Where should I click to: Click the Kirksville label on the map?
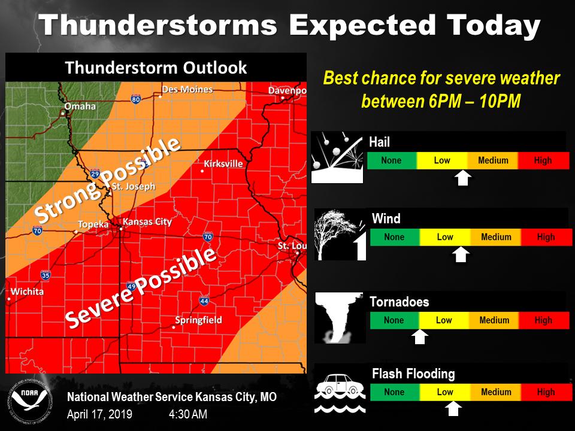pos(223,163)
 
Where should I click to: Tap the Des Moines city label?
pos(187,90)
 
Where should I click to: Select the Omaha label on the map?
pos(81,107)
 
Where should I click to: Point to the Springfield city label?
pos(198,320)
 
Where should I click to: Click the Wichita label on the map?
pos(26,292)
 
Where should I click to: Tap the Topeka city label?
pos(93,225)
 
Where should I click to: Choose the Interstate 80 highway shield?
pos(136,99)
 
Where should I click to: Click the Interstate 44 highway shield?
pos(204,301)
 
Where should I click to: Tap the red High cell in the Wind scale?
pos(546,237)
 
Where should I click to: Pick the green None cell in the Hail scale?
pos(391,160)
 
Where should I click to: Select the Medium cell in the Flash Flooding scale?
pos(496,392)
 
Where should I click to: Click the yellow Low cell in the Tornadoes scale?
pos(444,320)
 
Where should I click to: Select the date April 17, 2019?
pos(99,414)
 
